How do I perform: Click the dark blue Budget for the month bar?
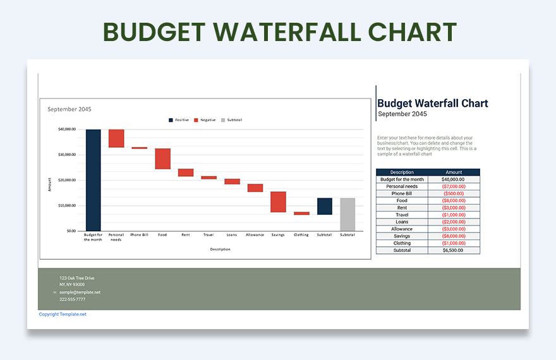(x=94, y=180)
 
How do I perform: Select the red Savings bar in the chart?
(x=278, y=202)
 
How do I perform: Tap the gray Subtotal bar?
(x=347, y=214)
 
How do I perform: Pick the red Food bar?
(x=163, y=159)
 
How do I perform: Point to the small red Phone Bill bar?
(x=140, y=148)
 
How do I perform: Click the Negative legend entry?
(x=205, y=120)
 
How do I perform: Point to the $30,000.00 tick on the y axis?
(x=67, y=154)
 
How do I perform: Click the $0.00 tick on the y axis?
(x=71, y=231)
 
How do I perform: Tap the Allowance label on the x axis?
(x=255, y=235)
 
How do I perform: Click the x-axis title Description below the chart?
(x=220, y=249)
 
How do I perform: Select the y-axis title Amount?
(x=49, y=184)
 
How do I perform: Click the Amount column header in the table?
(x=454, y=172)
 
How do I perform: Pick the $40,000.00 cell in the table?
(x=454, y=179)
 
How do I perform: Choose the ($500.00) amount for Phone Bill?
(x=454, y=193)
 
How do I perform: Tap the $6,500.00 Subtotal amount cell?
(x=454, y=250)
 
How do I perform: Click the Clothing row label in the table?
(x=402, y=243)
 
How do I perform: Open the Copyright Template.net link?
(x=63, y=314)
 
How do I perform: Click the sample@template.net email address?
(x=80, y=292)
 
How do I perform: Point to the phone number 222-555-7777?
(x=72, y=299)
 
